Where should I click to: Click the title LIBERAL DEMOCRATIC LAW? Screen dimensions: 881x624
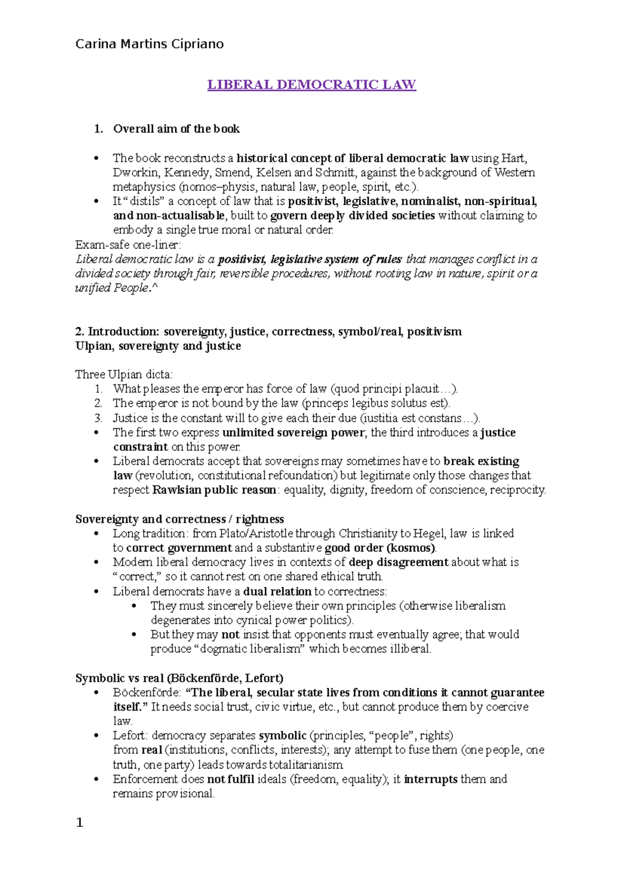[311, 85]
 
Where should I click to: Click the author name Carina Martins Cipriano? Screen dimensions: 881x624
[149, 44]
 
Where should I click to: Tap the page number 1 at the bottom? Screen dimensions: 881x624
[80, 822]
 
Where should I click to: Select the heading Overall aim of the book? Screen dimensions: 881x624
[176, 129]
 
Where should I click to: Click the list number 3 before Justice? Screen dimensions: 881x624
[98, 418]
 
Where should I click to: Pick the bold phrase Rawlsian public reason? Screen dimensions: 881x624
[214, 490]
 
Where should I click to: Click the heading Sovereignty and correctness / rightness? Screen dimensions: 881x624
[179, 519]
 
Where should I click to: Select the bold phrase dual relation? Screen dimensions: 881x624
[277, 591]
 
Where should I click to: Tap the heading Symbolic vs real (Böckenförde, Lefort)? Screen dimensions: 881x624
[179, 678]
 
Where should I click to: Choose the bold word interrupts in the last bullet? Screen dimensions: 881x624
[431, 779]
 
